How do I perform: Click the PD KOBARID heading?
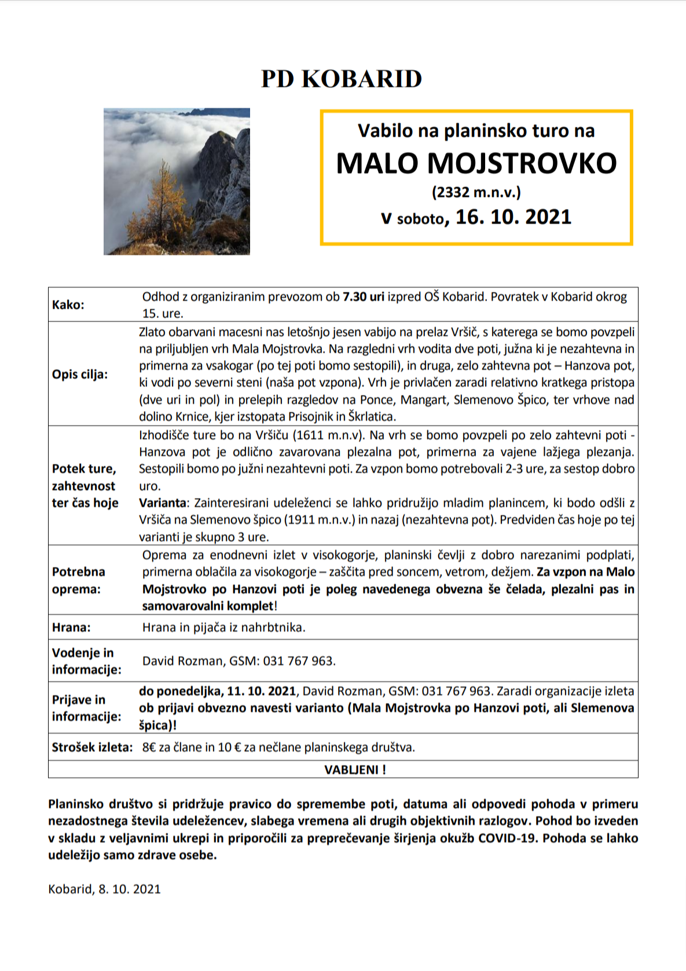(342, 79)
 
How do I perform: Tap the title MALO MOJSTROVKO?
(476, 163)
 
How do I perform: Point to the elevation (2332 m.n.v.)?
(476, 192)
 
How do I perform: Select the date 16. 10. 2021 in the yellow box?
(513, 217)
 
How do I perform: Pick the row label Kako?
(68, 305)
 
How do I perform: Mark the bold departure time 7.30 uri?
(363, 297)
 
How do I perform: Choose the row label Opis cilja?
(80, 374)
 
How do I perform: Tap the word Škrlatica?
(371, 416)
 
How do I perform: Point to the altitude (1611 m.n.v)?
(328, 435)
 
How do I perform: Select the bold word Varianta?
(163, 503)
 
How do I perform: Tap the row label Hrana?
(71, 628)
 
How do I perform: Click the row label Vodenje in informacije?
(86, 661)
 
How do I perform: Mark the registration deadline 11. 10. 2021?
(261, 691)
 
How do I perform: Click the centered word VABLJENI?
(351, 770)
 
